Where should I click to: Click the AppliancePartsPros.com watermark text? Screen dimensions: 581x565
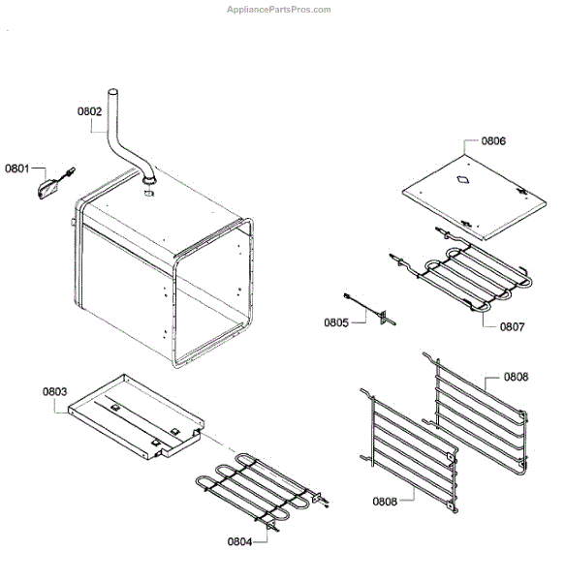tap(278, 10)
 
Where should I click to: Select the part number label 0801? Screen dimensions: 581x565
tap(18, 168)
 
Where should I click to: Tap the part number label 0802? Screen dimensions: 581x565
tap(90, 111)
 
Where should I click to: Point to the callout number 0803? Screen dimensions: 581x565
tap(54, 392)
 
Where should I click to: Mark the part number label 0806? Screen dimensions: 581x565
tap(492, 140)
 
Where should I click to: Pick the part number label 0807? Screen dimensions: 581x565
tap(512, 326)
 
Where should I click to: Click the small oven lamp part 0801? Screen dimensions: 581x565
tap(48, 188)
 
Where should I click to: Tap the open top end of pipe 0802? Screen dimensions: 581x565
tap(112, 92)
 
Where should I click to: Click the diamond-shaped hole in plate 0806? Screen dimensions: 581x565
tap(461, 179)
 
